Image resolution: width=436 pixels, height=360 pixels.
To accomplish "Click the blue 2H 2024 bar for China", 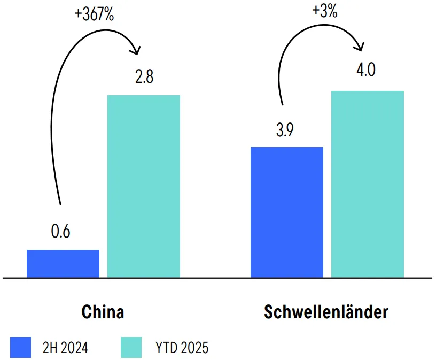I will [63, 264].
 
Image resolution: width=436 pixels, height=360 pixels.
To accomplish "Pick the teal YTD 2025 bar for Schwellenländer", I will [368, 184].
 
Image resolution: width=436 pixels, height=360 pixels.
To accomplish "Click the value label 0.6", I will [61, 233].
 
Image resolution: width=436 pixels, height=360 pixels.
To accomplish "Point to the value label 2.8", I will [144, 77].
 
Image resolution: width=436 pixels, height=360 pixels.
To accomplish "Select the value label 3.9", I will [285, 131].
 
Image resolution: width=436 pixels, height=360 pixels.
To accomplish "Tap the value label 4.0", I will [365, 70].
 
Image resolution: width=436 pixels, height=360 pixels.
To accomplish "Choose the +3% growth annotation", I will [325, 11].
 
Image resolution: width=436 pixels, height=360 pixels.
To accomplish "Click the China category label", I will [103, 312].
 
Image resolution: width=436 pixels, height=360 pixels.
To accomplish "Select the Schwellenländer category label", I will [326, 312].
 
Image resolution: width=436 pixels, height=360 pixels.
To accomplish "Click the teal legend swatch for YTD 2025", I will [131, 347].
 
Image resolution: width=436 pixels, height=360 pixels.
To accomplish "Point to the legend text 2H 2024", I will [65, 348].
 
